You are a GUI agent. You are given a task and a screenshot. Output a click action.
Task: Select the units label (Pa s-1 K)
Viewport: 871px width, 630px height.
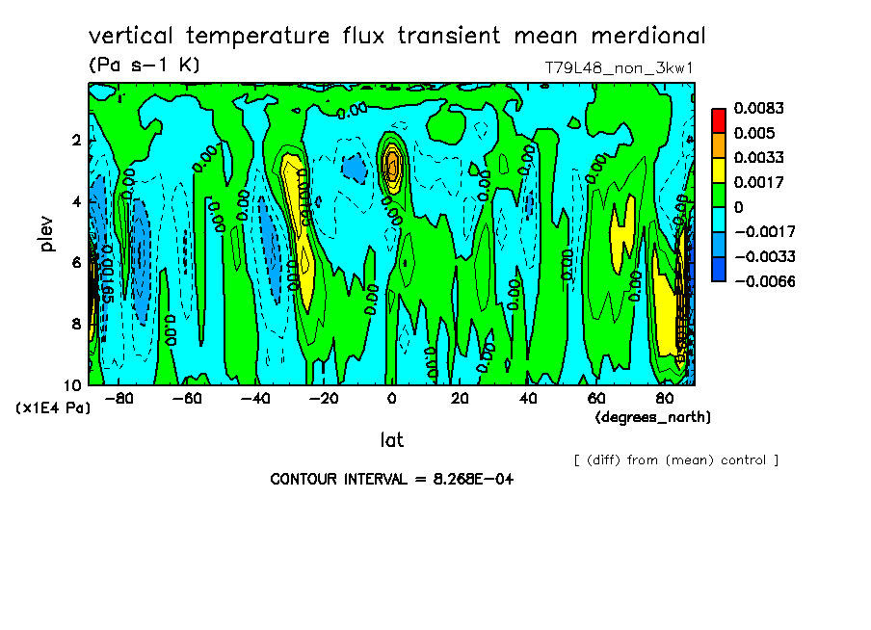coord(144,66)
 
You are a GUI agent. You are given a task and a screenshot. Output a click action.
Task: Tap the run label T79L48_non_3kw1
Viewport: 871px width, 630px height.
coord(620,67)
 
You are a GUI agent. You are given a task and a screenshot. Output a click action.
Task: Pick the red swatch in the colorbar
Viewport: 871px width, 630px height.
coord(718,119)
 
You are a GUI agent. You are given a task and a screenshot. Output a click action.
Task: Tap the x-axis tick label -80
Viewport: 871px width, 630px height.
coord(119,399)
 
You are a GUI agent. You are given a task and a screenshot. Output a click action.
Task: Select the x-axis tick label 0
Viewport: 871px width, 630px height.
coord(391,399)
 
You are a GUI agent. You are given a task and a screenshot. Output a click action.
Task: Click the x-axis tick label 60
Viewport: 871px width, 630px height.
coord(595,399)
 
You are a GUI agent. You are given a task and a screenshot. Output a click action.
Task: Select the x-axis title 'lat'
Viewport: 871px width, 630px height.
coord(391,440)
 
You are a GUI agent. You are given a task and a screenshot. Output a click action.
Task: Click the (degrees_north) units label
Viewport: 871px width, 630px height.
coord(653,417)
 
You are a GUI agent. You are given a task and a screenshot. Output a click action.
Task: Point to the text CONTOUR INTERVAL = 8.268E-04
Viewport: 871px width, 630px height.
coord(391,479)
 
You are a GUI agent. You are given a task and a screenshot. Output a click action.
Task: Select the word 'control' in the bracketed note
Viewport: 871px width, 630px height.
coord(741,459)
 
